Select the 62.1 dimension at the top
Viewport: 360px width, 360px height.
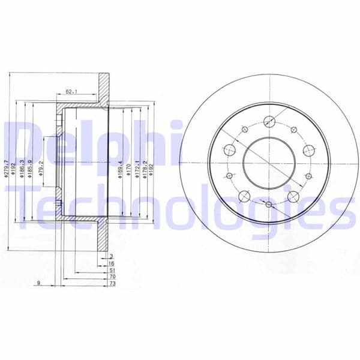73,92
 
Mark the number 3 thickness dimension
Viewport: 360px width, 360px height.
112,256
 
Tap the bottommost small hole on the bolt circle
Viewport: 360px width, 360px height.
269,206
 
